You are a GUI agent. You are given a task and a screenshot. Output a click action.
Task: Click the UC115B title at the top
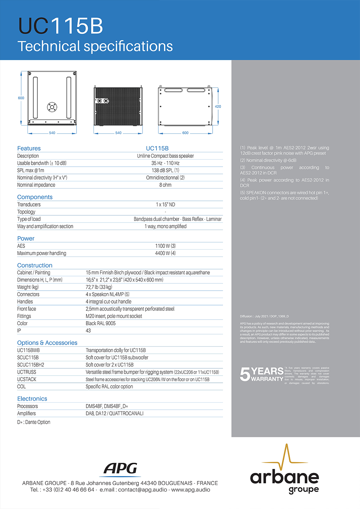(61, 26)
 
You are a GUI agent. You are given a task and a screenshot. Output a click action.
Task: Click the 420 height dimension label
(218, 106)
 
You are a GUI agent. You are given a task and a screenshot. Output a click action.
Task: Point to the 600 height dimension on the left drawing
(21, 98)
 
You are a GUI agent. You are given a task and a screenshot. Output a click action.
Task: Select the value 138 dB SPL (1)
(166, 171)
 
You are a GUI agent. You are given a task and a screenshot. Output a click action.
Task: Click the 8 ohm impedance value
(166, 185)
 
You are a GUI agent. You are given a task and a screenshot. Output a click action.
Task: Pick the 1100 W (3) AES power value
(166, 246)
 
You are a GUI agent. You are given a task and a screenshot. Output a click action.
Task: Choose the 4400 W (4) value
(166, 253)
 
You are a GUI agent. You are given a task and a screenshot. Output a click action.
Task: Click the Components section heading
(35, 197)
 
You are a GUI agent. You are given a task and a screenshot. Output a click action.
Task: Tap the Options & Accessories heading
(47, 343)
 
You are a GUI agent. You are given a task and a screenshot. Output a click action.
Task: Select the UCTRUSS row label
(27, 372)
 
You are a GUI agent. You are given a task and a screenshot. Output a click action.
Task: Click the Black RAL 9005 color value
(101, 323)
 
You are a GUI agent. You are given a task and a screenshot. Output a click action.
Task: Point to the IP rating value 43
(88, 330)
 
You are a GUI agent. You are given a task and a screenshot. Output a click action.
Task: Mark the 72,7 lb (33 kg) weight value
(99, 287)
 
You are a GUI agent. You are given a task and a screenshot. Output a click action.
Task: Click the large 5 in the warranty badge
(245, 374)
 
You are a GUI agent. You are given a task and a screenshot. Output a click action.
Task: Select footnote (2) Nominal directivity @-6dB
(268, 160)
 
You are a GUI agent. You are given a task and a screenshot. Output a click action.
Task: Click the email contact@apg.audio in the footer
(143, 490)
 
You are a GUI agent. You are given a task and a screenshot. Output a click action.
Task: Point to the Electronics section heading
(32, 399)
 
